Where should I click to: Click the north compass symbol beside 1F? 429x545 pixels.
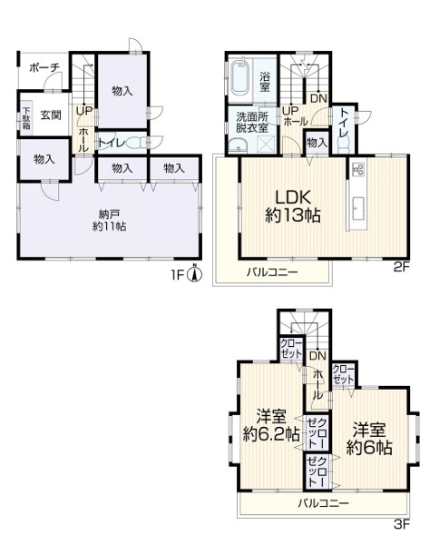pyautogui.click(x=195, y=274)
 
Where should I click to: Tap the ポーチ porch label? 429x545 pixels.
pyautogui.click(x=44, y=67)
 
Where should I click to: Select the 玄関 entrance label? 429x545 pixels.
pyautogui.click(x=51, y=114)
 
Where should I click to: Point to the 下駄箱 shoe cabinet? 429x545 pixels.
pyautogui.click(x=26, y=117)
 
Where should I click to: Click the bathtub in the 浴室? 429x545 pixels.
pyautogui.click(x=239, y=78)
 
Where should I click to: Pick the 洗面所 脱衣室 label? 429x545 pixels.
pyautogui.click(x=252, y=122)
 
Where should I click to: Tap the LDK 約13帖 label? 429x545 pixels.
pyautogui.click(x=293, y=206)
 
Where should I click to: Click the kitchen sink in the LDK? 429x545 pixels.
pyautogui.click(x=357, y=209)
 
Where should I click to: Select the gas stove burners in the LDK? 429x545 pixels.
pyautogui.click(x=357, y=170)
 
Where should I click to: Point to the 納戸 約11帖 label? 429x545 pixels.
pyautogui.click(x=109, y=221)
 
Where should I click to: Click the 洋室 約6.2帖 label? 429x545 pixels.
pyautogui.click(x=271, y=425)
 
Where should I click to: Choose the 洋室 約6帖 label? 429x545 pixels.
pyautogui.click(x=369, y=439)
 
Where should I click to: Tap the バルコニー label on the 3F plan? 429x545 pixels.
pyautogui.click(x=324, y=503)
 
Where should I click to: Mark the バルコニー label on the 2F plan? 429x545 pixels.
pyautogui.click(x=272, y=272)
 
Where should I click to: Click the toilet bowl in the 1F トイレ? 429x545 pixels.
pyautogui.click(x=136, y=143)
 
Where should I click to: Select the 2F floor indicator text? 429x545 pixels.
pyautogui.click(x=402, y=267)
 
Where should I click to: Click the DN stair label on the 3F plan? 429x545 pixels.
pyautogui.click(x=318, y=355)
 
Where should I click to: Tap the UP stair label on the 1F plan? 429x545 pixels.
pyautogui.click(x=84, y=111)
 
